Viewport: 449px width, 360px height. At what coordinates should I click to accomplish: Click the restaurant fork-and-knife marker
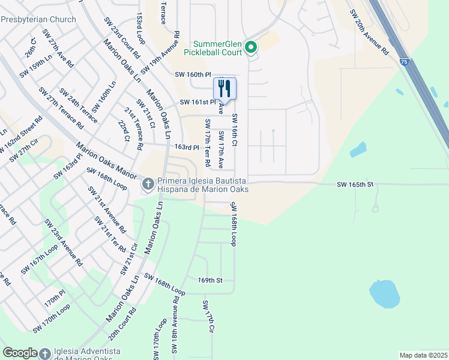point(224,89)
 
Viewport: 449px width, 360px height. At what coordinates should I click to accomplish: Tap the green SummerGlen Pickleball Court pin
point(252,47)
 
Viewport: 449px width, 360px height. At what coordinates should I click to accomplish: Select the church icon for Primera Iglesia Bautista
point(148,184)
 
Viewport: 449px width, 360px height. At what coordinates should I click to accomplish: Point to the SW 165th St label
point(355,185)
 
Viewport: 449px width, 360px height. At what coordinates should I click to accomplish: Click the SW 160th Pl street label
point(193,75)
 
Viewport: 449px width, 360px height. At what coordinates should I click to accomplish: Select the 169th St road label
point(210,280)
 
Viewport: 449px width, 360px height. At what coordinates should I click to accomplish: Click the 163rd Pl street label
point(186,147)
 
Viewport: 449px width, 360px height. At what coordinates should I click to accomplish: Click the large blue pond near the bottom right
point(384,293)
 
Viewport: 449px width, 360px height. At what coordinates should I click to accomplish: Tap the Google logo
point(20,353)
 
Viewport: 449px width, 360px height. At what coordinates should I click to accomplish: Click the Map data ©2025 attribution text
point(423,355)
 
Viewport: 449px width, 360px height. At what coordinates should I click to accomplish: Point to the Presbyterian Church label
point(38,19)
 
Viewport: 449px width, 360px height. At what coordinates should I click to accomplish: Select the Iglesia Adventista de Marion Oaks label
point(87,353)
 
